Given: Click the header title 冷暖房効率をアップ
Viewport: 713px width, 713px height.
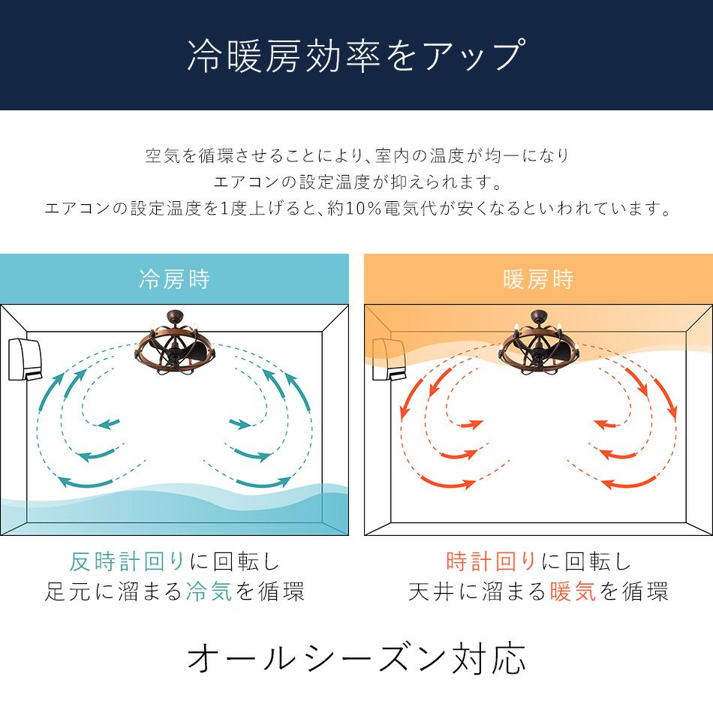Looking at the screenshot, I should pos(356,56).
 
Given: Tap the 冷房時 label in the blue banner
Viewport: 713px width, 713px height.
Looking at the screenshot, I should pos(174,280).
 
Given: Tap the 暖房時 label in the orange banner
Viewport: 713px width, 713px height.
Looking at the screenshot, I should pos(538,280).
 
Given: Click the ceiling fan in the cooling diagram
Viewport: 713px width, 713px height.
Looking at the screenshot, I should pos(173,341).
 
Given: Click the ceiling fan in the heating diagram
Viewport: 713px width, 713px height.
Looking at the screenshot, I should pos(537,341).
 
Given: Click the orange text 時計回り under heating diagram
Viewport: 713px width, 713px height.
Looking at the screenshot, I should pos(492,561).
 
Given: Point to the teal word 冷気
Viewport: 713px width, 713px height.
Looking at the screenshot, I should pos(208,592).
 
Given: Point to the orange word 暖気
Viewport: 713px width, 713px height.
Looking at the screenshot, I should pos(573,592).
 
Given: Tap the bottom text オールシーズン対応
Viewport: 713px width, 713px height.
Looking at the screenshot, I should pos(356,658).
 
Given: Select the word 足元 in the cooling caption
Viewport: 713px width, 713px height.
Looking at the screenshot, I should pos(68,592).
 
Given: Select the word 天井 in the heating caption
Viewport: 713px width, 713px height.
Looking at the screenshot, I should pos(432,592).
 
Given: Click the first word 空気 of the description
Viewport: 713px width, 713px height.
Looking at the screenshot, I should pos(161,157).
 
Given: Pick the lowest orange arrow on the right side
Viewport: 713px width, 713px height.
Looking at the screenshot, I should pos(629,483).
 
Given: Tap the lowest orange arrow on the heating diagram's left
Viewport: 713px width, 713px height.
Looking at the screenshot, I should pos(448,481).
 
